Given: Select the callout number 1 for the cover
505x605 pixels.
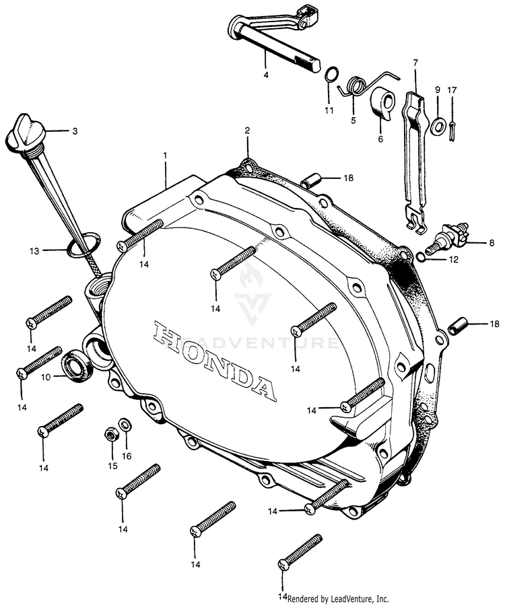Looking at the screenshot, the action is click(165, 155).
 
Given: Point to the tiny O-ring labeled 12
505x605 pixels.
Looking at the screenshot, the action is click(422, 256).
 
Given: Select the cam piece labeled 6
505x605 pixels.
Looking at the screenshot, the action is click(382, 102).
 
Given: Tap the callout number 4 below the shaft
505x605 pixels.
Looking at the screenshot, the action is click(266, 75).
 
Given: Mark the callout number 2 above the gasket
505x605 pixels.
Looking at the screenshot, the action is click(247, 131).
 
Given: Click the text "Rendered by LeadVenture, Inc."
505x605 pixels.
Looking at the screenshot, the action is click(338, 599).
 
